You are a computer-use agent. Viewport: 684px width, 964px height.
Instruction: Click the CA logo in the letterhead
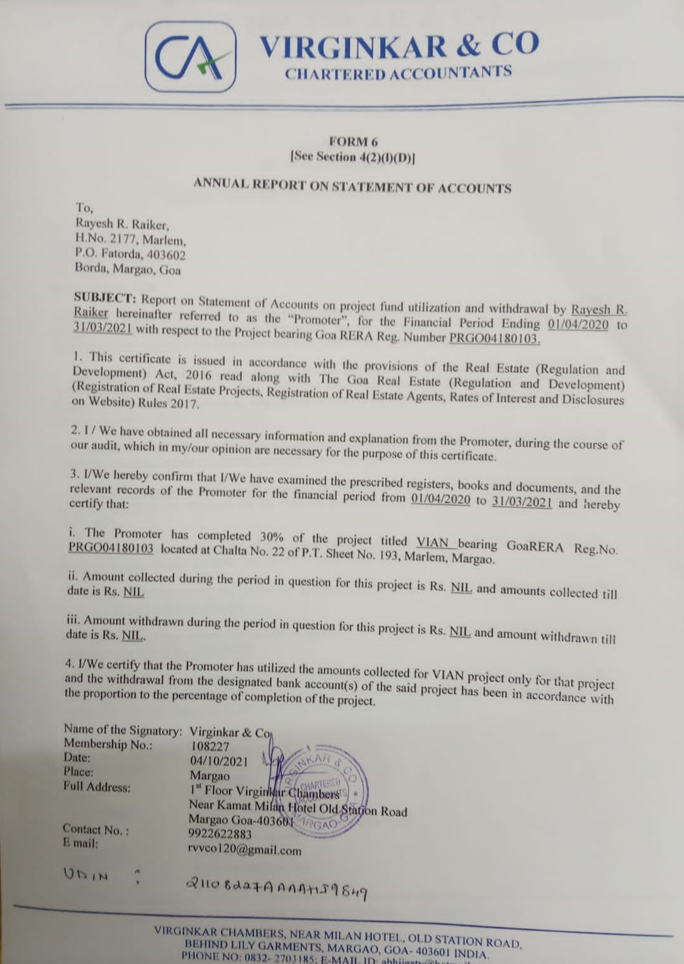click(191, 57)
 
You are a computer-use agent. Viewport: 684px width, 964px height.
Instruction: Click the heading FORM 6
click(353, 141)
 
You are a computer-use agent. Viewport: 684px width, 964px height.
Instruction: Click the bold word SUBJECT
click(104, 297)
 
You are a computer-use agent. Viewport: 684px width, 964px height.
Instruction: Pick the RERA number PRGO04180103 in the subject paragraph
click(495, 338)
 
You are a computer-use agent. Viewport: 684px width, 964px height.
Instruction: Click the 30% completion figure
click(271, 537)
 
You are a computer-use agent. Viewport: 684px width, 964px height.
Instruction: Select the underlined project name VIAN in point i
click(433, 542)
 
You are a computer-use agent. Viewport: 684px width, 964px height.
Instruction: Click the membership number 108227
click(210, 746)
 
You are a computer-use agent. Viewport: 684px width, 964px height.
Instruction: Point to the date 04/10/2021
click(219, 762)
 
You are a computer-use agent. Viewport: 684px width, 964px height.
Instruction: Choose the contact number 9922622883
click(220, 834)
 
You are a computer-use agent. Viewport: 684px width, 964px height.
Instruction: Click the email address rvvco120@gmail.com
click(244, 850)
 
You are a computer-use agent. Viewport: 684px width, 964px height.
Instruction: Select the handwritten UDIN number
click(276, 887)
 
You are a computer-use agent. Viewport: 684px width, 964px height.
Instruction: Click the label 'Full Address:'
click(97, 787)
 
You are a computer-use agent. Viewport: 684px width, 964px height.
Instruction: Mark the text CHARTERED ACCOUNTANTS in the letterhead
click(398, 73)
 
